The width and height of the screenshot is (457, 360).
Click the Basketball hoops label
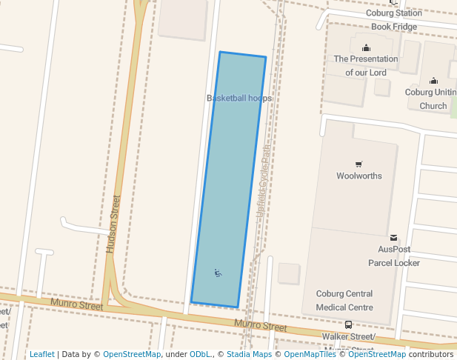pos(239,98)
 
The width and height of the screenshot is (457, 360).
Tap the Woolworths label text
pos(359,176)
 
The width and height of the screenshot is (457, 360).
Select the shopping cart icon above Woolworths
pos(359,164)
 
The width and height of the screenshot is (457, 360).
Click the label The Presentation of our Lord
pos(366,65)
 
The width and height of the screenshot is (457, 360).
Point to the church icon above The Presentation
pos(366,48)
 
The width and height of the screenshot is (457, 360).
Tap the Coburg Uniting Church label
pos(432,99)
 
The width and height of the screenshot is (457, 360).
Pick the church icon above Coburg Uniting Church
pos(433,81)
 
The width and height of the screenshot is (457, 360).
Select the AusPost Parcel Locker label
pos(393,256)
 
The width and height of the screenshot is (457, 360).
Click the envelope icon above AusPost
pos(393,238)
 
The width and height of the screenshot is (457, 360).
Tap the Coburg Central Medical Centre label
pos(344,300)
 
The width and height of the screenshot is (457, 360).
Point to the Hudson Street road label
pos(113,224)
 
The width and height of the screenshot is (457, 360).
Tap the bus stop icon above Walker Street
pos(348,324)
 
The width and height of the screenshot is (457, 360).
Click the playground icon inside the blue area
pos(218,273)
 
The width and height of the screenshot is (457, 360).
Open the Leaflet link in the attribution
pos(42,354)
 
